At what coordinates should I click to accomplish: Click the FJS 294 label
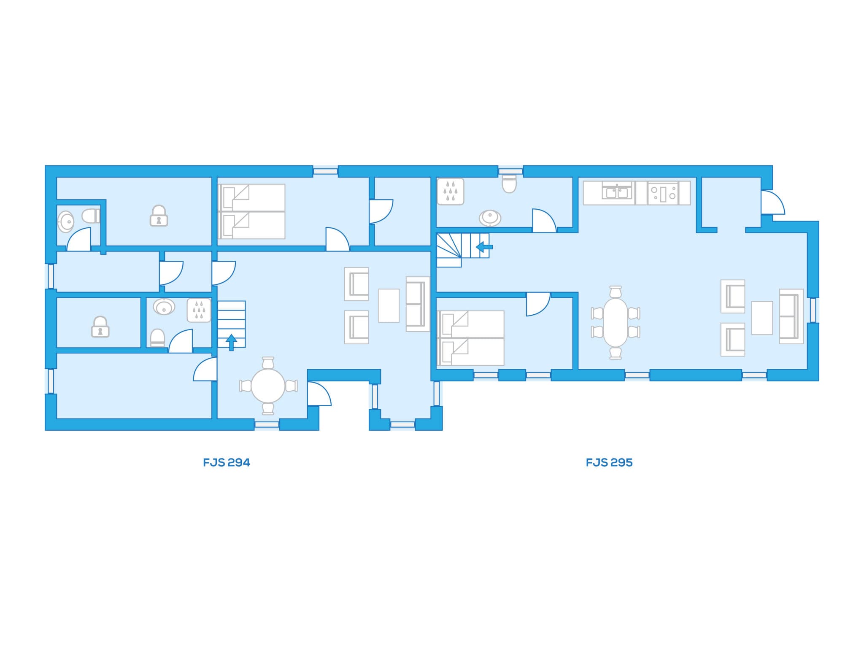pyautogui.click(x=227, y=463)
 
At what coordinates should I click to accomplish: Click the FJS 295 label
pyautogui.click(x=609, y=463)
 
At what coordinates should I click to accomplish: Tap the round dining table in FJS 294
pyautogui.click(x=268, y=386)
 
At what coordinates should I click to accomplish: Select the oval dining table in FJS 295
pyautogui.click(x=616, y=323)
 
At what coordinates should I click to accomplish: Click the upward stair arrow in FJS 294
pyautogui.click(x=231, y=342)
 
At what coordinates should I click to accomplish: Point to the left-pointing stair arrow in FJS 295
pyautogui.click(x=484, y=247)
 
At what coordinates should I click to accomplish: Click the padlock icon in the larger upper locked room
pyautogui.click(x=159, y=216)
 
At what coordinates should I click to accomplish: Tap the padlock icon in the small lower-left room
pyautogui.click(x=100, y=327)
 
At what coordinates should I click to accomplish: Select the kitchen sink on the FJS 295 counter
pyautogui.click(x=618, y=193)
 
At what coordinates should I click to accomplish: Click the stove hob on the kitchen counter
pyautogui.click(x=663, y=193)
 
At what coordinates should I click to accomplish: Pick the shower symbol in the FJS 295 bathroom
pyautogui.click(x=451, y=192)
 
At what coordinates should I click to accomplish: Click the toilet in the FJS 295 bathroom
pyautogui.click(x=509, y=184)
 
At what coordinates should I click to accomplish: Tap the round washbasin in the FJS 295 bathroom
pyautogui.click(x=490, y=218)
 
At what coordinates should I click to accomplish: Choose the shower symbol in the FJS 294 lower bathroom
pyautogui.click(x=199, y=310)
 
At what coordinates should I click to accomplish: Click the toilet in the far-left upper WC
pyautogui.click(x=91, y=216)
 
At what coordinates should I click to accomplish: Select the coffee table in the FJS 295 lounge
pyautogui.click(x=762, y=318)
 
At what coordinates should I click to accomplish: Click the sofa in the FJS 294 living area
pyautogui.click(x=418, y=304)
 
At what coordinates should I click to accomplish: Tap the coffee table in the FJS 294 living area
pyautogui.click(x=389, y=305)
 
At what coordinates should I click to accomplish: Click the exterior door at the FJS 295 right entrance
pyautogui.click(x=773, y=202)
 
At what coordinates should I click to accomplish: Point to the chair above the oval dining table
pyautogui.click(x=616, y=292)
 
